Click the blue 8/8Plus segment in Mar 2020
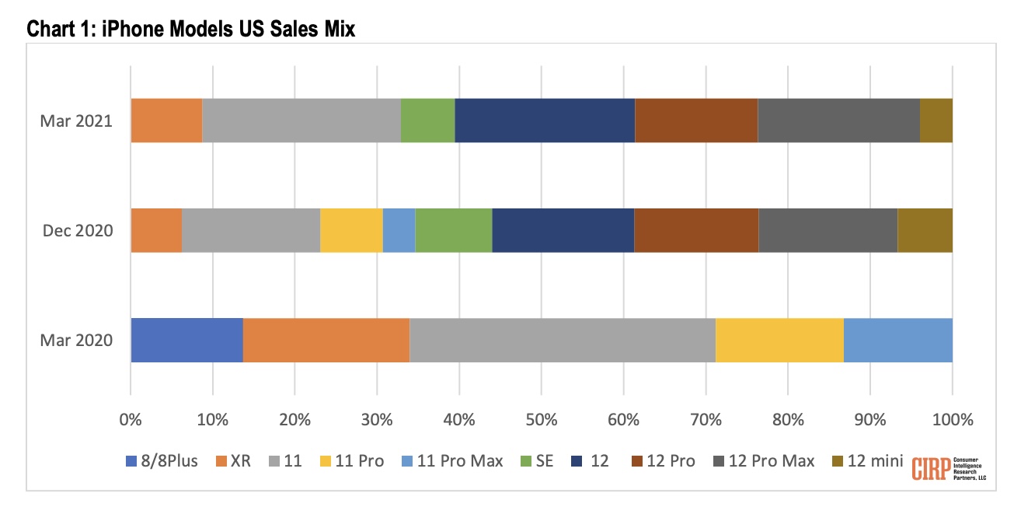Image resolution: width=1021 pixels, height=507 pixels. coord(186,340)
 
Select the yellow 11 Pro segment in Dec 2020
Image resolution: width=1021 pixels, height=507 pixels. coord(351,230)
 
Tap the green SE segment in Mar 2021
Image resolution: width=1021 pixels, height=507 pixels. coord(427,121)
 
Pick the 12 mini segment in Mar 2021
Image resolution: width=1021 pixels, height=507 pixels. coord(936,121)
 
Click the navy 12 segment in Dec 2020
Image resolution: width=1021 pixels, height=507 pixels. coord(563,230)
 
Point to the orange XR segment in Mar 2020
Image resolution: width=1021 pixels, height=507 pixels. coord(326,340)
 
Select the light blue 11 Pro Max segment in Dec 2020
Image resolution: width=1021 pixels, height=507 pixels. coord(399,230)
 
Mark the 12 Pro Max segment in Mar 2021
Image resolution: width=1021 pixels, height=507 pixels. coord(838,121)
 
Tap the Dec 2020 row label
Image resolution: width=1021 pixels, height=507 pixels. coord(78,231)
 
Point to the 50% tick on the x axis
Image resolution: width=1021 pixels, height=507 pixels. coord(542,420)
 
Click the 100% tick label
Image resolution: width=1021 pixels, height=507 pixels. coord(951,420)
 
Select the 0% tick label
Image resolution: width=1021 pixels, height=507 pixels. coord(131,420)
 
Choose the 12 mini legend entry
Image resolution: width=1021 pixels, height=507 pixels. coord(866,461)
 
